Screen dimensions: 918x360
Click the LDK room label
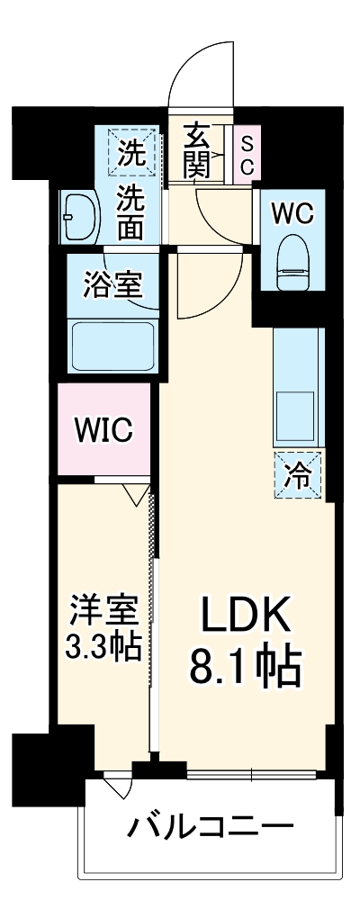245,620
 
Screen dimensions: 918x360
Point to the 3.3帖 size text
105,647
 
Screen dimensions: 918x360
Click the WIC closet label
103,428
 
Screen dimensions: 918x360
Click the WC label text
292,213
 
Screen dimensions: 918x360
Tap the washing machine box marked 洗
131,151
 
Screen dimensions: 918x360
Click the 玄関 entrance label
199,150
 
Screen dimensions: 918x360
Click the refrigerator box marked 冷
296,474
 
